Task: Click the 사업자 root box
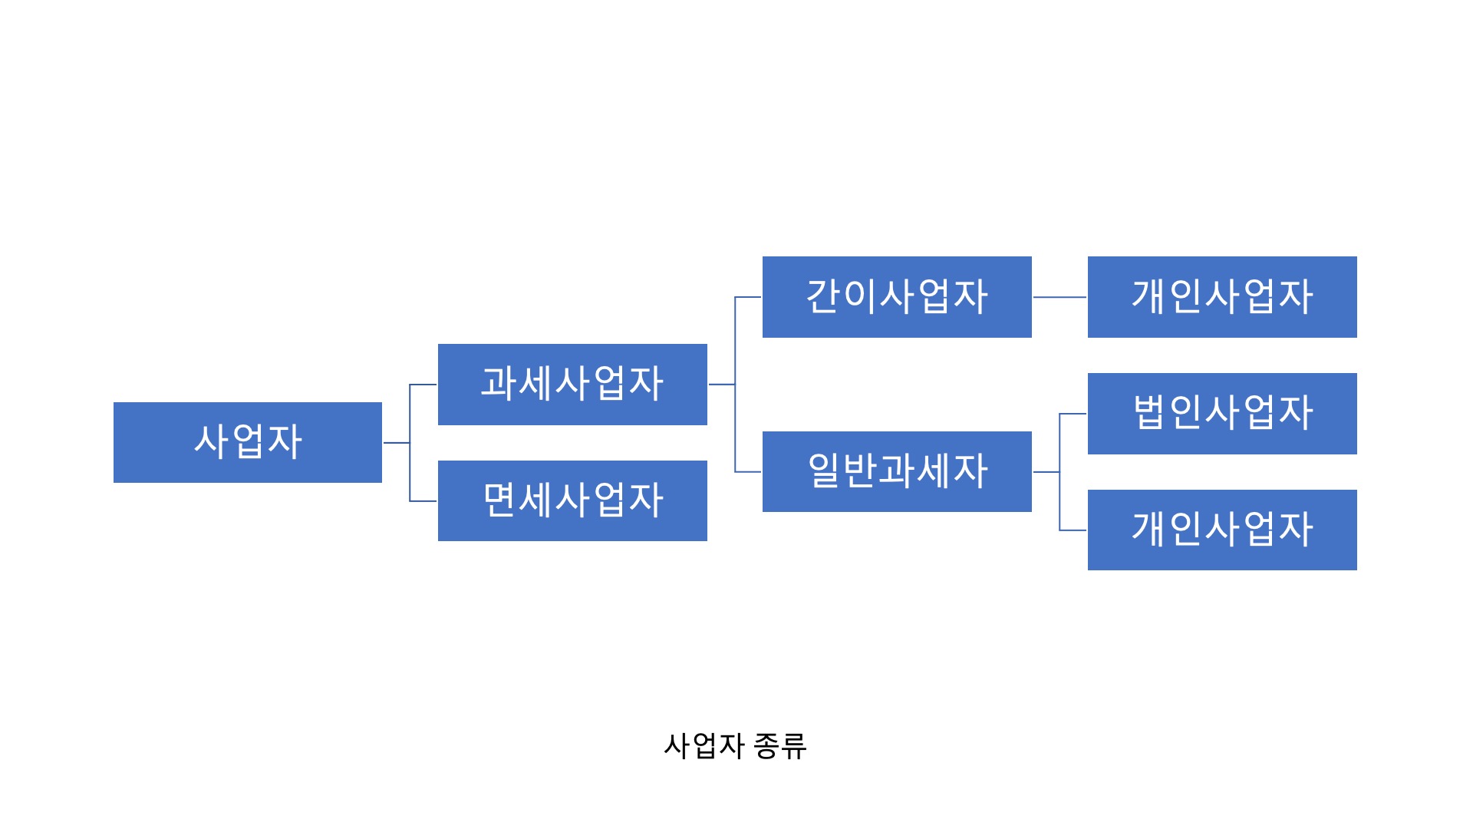(247, 442)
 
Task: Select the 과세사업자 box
(572, 384)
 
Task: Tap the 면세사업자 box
(572, 500)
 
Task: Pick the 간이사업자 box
(897, 296)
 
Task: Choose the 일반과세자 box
(897, 471)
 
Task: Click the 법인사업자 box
(1222, 413)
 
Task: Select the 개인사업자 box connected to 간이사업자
(1222, 296)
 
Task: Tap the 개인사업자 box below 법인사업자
(1222, 530)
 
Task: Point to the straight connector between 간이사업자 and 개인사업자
(1059, 297)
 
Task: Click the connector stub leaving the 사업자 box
(396, 443)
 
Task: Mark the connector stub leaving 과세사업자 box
(721, 385)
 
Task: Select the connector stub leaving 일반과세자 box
(1046, 472)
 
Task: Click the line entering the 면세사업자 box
(423, 501)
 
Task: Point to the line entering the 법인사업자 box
(1073, 414)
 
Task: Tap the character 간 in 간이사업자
(823, 296)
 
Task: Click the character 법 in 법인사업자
(1149, 413)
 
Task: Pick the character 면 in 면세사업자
(499, 500)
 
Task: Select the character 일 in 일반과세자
(824, 471)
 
